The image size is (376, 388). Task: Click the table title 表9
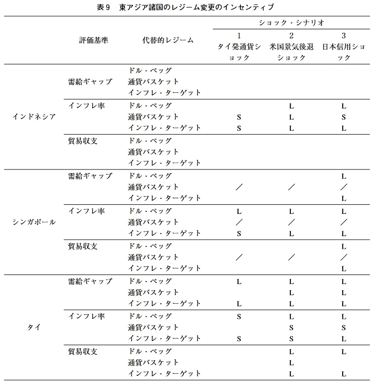pyautogui.click(x=104, y=7)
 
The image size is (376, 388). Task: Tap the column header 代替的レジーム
pyautogui.click(x=167, y=40)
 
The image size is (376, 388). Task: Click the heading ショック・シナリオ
pyautogui.click(x=291, y=23)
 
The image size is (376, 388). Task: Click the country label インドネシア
pyautogui.click(x=34, y=117)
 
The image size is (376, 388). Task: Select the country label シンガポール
pyautogui.click(x=34, y=222)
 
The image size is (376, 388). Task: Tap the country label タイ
pyautogui.click(x=34, y=327)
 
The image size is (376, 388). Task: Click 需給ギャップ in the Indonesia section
pyautogui.click(x=90, y=82)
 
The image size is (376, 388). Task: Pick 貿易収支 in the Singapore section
pyautogui.click(x=83, y=246)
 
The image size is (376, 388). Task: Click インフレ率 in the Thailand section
pyautogui.click(x=86, y=316)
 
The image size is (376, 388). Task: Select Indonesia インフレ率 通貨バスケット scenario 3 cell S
pyautogui.click(x=343, y=117)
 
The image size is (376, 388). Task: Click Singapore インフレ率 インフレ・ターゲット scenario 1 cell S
pyautogui.click(x=239, y=234)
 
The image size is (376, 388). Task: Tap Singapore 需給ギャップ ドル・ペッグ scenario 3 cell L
pyautogui.click(x=343, y=177)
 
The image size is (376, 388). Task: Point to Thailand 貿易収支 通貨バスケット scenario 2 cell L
pyautogui.click(x=291, y=363)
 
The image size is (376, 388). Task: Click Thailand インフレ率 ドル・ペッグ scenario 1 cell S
pyautogui.click(x=239, y=317)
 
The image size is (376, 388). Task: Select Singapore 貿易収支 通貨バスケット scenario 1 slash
pyautogui.click(x=239, y=257)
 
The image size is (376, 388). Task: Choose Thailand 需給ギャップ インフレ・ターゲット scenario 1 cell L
pyautogui.click(x=239, y=304)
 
